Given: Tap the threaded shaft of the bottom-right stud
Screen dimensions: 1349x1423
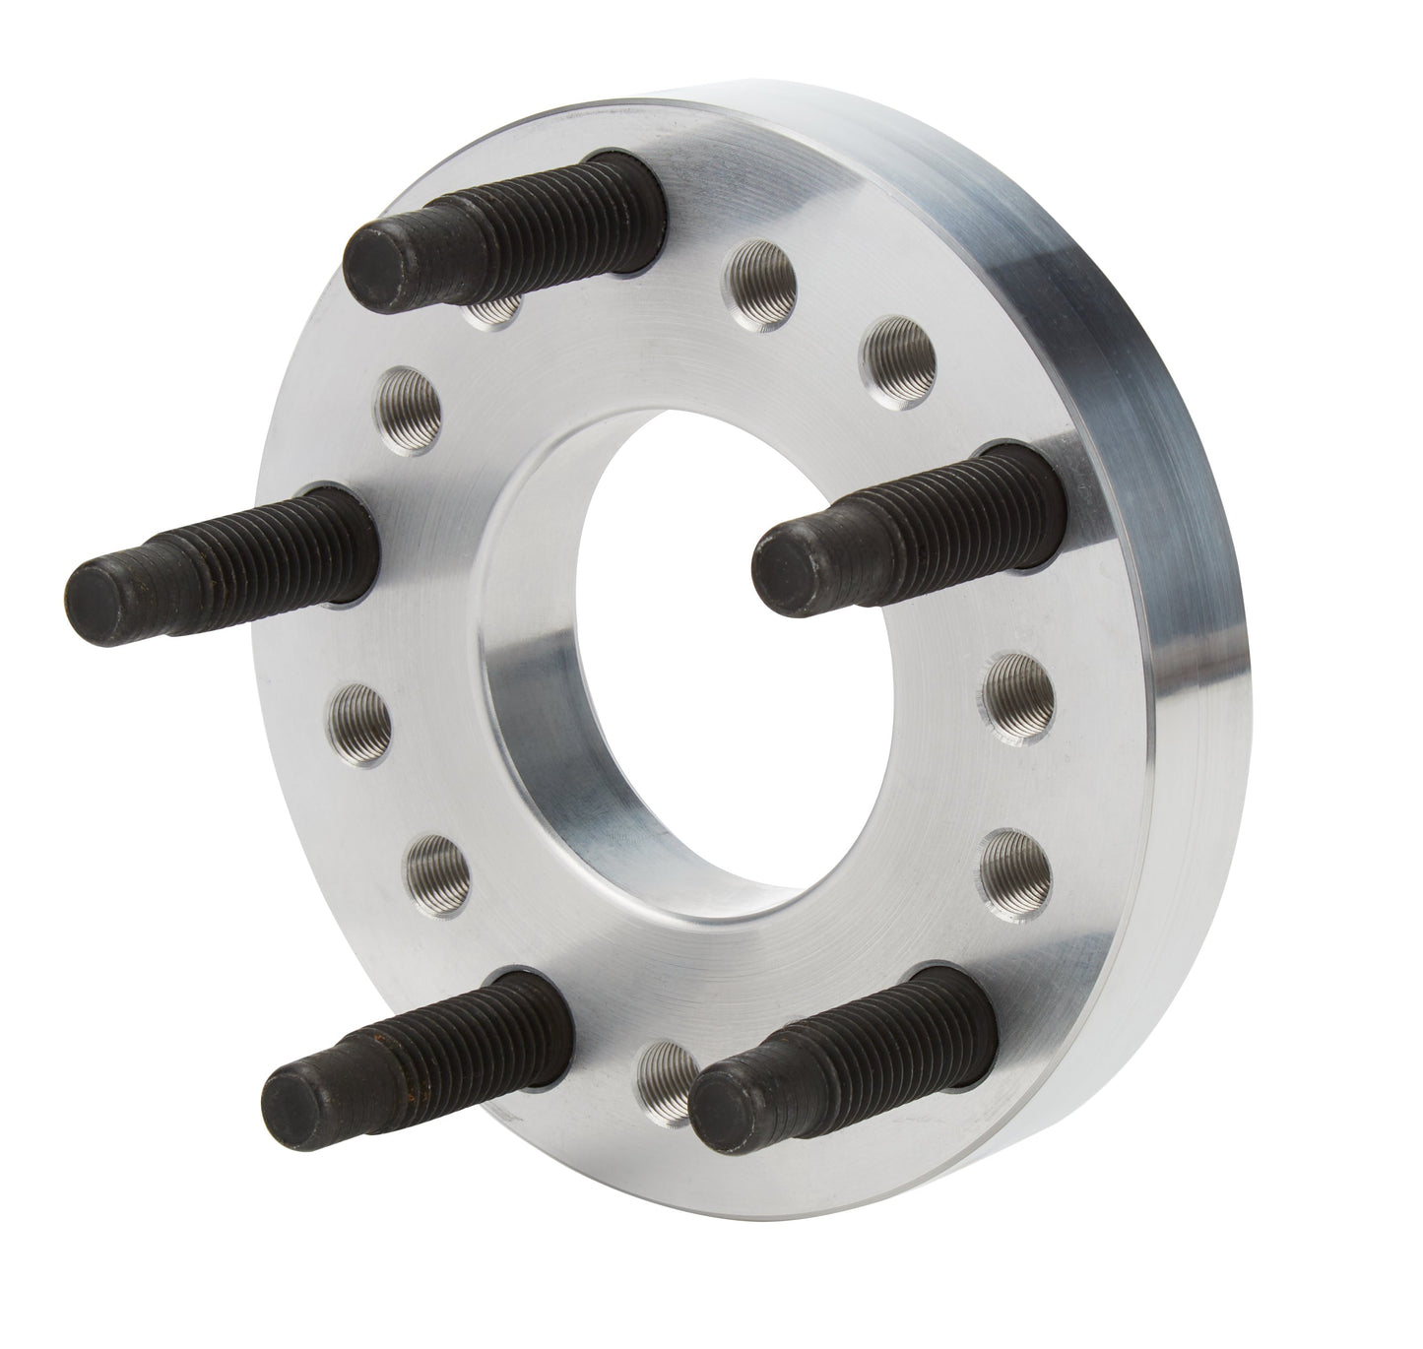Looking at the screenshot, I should (867, 1044).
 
